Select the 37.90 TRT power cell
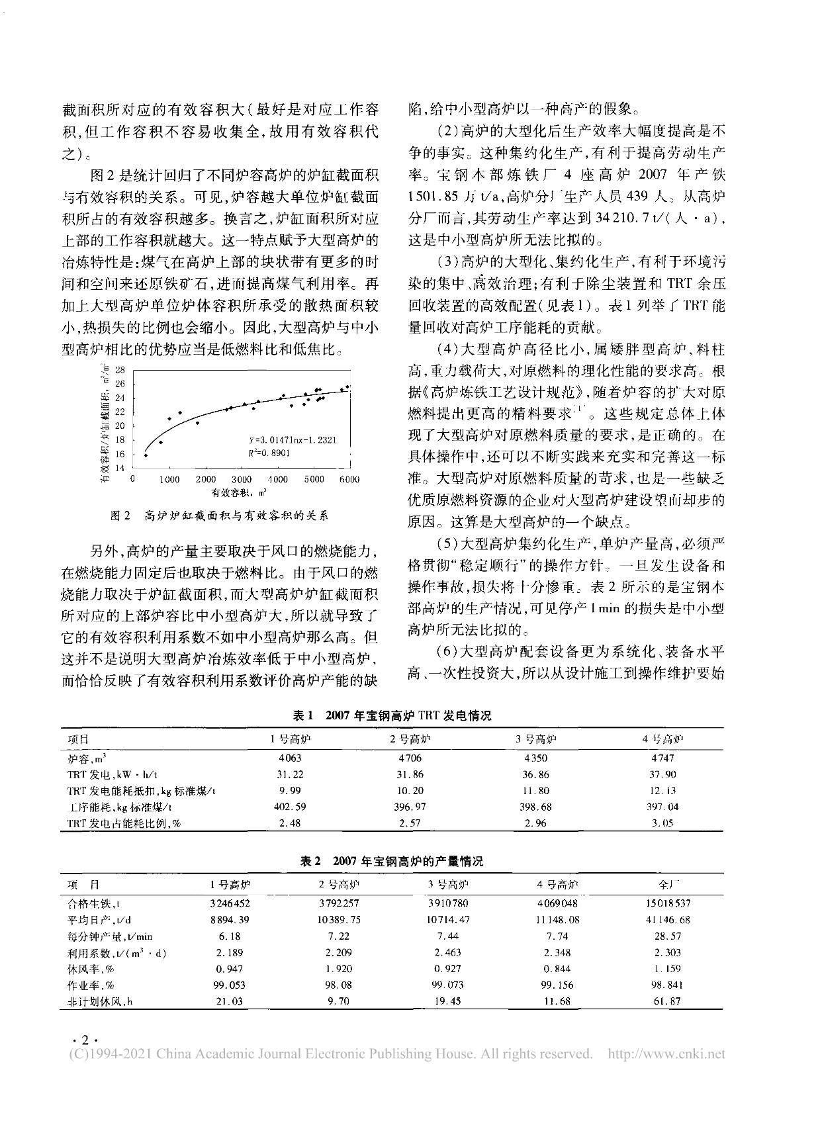pyautogui.click(x=662, y=774)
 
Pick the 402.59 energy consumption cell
pyautogui.click(x=290, y=807)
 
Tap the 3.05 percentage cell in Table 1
pyautogui.click(x=662, y=823)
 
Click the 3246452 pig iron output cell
pyautogui.click(x=229, y=903)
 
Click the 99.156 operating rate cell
pyautogui.click(x=557, y=985)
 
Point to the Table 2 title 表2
pyautogui.click(x=310, y=861)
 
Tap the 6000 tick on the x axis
pyautogui.click(x=350, y=479)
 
